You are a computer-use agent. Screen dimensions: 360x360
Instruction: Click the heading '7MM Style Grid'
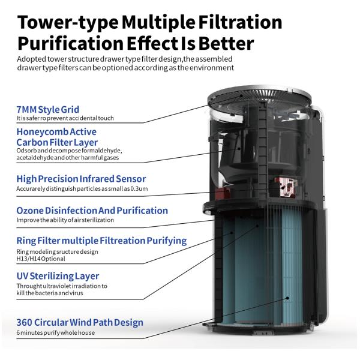click(48, 110)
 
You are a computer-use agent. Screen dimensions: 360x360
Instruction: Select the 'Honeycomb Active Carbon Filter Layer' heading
click(57, 137)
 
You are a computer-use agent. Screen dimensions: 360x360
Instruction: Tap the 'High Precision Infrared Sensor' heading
click(81, 179)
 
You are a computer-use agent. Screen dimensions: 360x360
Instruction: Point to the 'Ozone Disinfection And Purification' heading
click(92, 211)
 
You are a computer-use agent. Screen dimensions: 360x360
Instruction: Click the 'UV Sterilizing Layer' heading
click(58, 276)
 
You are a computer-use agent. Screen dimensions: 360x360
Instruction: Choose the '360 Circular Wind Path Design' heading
click(80, 322)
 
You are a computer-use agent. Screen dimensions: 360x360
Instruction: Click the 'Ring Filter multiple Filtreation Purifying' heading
click(101, 241)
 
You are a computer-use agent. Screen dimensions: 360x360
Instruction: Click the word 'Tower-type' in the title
click(68, 23)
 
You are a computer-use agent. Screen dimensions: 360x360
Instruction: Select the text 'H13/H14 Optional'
click(41, 259)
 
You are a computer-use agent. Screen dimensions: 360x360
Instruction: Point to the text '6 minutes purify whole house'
click(55, 332)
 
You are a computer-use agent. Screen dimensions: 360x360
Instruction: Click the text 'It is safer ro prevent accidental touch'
click(65, 118)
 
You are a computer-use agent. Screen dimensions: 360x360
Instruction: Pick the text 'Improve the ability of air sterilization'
click(65, 220)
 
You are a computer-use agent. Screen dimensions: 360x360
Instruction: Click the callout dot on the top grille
click(241, 95)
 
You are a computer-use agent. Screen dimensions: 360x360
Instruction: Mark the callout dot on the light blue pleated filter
click(287, 298)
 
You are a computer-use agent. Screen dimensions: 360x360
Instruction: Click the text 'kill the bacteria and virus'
click(50, 293)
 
